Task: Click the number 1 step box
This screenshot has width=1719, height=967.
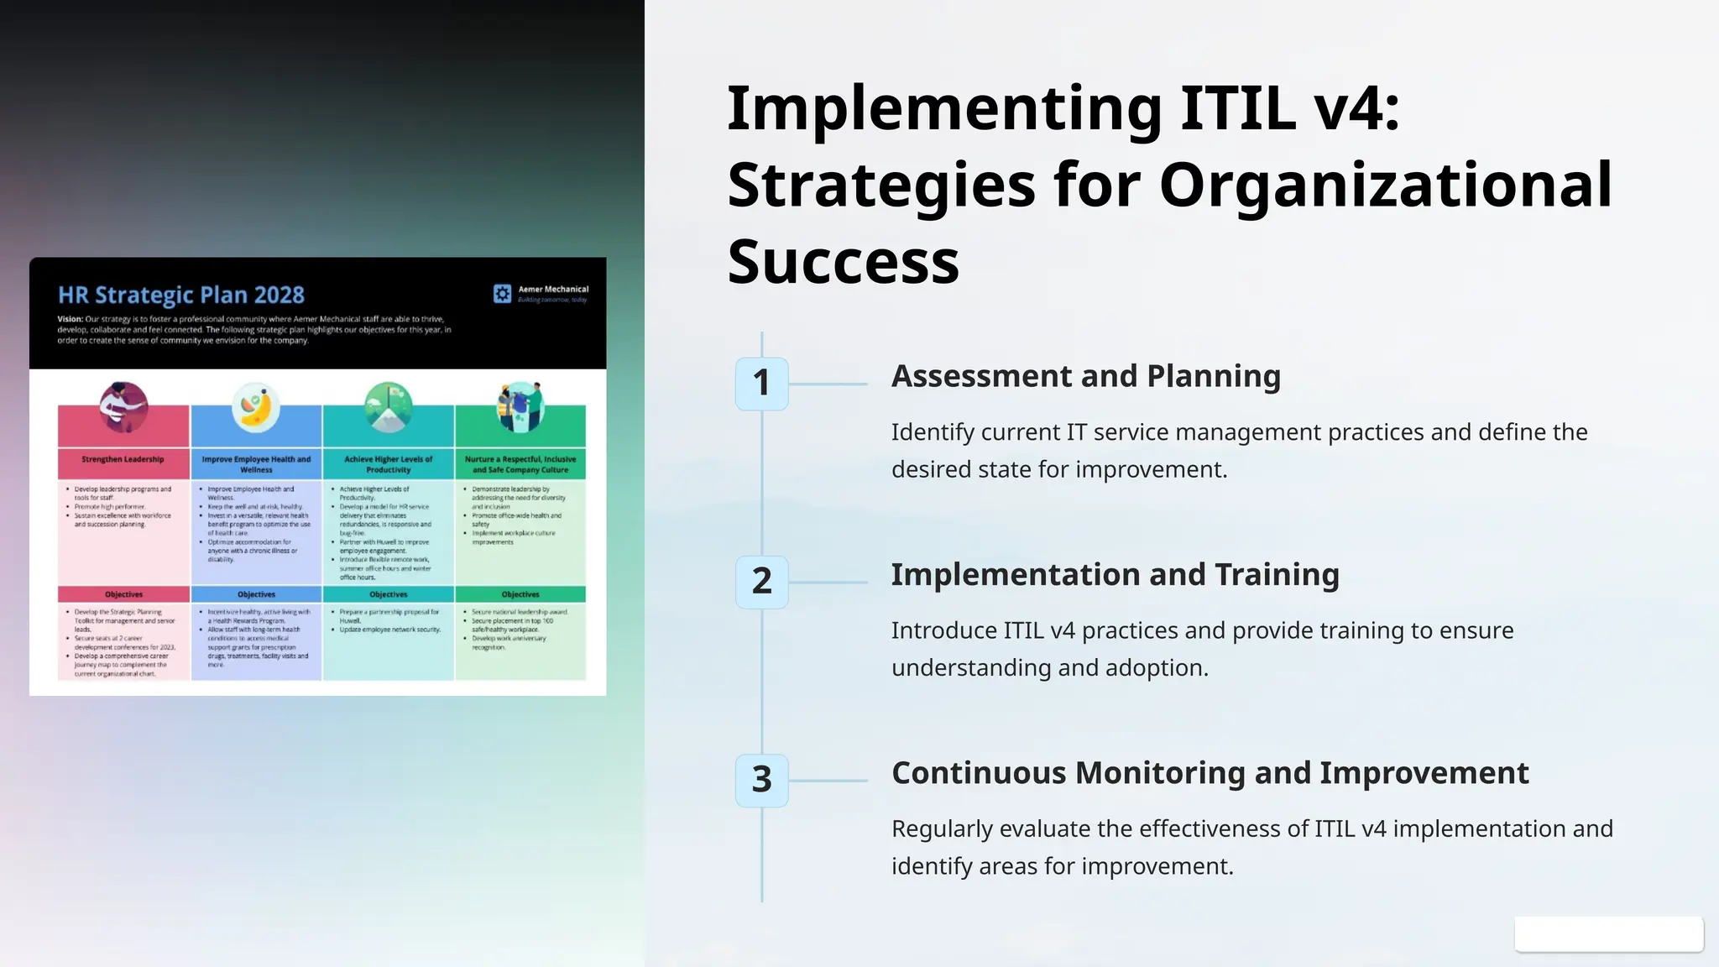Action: click(x=761, y=384)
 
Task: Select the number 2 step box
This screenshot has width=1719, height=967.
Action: click(x=761, y=582)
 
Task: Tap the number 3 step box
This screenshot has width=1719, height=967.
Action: click(x=761, y=780)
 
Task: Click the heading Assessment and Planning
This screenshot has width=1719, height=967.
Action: click(x=1085, y=376)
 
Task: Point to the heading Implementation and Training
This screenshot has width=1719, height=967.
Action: click(x=1115, y=575)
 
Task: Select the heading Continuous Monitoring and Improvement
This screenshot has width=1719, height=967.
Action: click(x=1210, y=773)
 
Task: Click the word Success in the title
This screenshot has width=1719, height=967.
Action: click(x=843, y=262)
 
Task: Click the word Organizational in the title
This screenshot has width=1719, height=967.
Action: click(x=1385, y=185)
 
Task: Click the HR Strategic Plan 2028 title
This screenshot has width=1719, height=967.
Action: click(x=180, y=295)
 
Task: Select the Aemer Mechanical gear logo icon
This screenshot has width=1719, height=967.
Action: click(x=502, y=293)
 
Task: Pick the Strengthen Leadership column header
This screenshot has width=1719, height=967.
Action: click(x=123, y=460)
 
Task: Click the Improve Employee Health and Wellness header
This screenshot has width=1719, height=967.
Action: click(x=256, y=464)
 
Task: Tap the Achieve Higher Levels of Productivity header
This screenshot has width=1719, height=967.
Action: click(x=388, y=464)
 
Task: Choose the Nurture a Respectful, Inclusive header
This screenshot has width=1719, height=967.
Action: click(x=520, y=464)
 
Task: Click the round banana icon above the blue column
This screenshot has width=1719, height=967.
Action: click(x=255, y=407)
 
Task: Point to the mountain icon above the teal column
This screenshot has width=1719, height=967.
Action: click(x=388, y=407)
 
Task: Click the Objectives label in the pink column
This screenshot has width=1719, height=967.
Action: click(x=123, y=594)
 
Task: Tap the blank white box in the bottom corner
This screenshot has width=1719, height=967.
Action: click(x=1608, y=934)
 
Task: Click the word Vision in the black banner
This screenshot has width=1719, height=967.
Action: click(x=69, y=319)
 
